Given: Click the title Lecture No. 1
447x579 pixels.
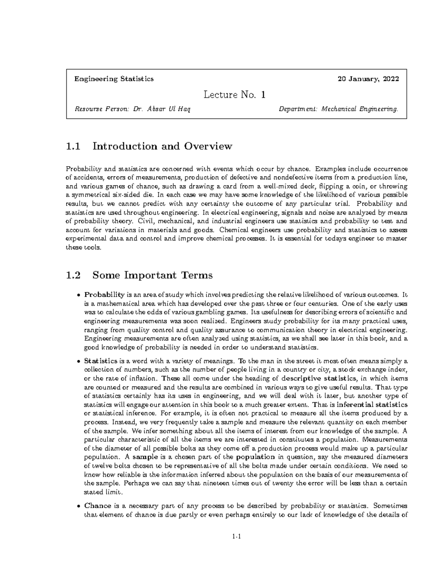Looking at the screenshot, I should (235, 95).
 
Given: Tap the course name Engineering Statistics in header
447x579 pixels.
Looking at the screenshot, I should (114, 79).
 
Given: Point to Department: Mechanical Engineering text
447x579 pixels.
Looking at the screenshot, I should (338, 109).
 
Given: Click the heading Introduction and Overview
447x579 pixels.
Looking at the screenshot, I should (162, 146).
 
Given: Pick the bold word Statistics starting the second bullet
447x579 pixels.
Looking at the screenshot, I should (101, 361).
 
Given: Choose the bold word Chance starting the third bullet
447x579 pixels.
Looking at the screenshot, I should (98, 506).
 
